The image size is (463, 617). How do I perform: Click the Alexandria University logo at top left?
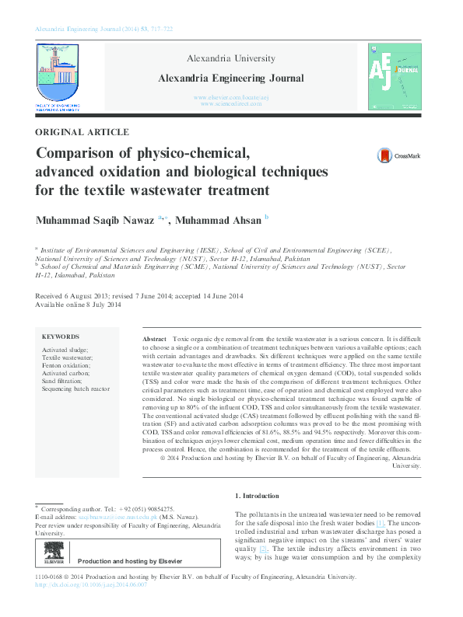(x=58, y=75)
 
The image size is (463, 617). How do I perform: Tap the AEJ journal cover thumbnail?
(x=395, y=75)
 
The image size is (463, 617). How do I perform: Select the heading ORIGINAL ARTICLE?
(x=82, y=133)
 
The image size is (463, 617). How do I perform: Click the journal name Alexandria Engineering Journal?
(x=231, y=78)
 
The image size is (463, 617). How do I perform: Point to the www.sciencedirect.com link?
(x=230, y=103)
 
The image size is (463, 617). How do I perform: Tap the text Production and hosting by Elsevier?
(x=130, y=561)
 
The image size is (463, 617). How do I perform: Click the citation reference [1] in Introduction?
(x=381, y=524)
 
